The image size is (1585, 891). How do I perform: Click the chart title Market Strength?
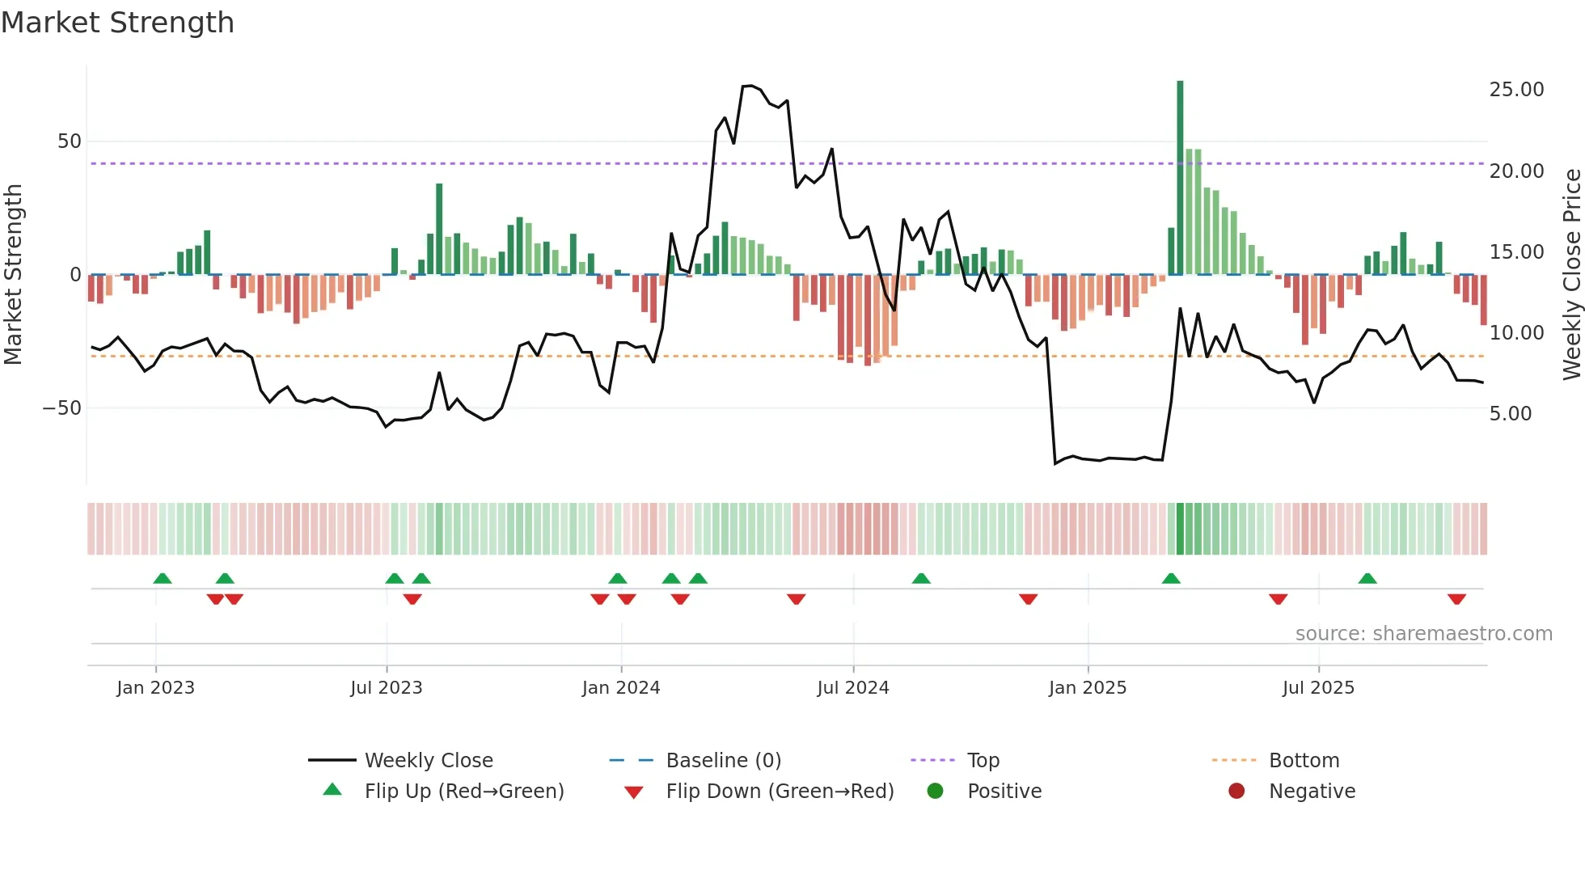[x=117, y=23]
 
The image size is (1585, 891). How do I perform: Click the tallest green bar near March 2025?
[x=1180, y=178]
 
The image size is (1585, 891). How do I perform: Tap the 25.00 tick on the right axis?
[x=1516, y=90]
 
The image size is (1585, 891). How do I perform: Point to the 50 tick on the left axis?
[x=70, y=141]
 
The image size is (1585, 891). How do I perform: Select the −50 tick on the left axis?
[x=63, y=408]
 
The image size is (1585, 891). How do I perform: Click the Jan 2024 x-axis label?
[x=621, y=688]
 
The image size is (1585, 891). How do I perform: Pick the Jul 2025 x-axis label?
[x=1318, y=688]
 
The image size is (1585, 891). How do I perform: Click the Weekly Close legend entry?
[x=429, y=761]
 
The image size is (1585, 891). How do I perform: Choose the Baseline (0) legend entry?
[x=723, y=761]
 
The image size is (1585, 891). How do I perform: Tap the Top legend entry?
[x=983, y=761]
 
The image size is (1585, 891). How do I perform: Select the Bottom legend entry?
[x=1304, y=761]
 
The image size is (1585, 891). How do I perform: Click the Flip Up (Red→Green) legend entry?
[x=463, y=792]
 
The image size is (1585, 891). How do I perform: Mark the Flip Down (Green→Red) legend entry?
[x=780, y=792]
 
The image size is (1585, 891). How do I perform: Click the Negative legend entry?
[x=1312, y=792]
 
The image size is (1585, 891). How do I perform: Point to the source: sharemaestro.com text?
[x=1423, y=634]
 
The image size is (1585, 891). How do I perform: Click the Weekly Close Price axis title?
[x=1571, y=275]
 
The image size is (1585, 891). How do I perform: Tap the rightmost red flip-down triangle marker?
[x=1456, y=599]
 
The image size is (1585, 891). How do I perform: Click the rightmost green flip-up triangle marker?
[x=1367, y=579]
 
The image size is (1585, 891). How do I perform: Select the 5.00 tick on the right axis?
[x=1510, y=414]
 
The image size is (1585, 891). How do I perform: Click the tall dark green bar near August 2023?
[x=439, y=229]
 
